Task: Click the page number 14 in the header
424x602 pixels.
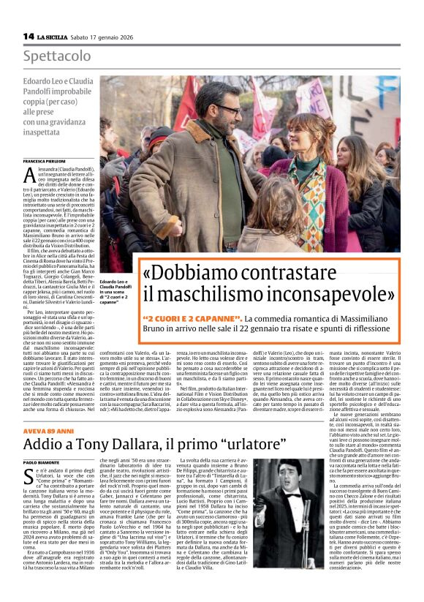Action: tap(29, 36)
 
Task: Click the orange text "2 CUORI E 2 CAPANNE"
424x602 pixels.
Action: tap(193, 319)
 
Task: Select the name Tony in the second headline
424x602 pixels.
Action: tap(103, 445)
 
